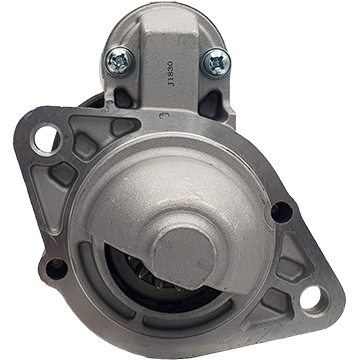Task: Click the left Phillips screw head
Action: coord(120,62)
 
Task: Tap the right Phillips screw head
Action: coord(215,63)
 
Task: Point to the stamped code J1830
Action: coord(171,74)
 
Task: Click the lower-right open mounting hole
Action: coord(311,297)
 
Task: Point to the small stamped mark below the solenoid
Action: coord(164,115)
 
